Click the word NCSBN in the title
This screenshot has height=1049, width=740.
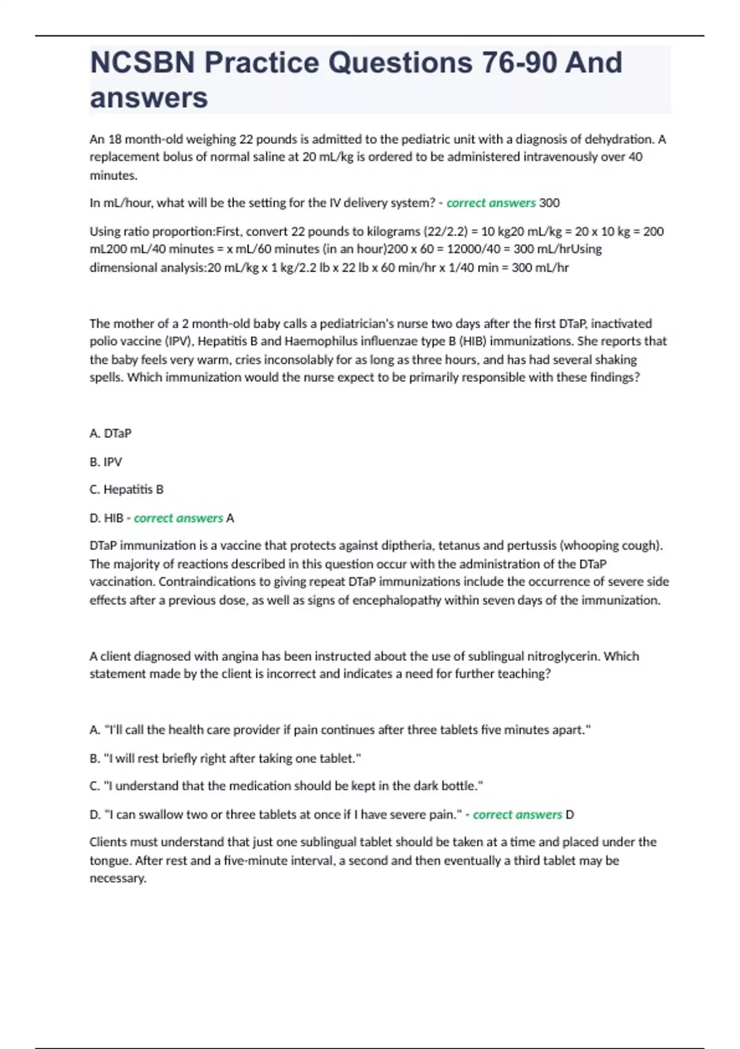[142, 63]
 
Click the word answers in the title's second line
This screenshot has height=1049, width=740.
[149, 98]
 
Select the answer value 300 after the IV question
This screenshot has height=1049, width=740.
[549, 203]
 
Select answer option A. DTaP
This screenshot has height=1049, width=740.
[110, 434]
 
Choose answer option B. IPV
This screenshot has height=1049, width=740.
[106, 462]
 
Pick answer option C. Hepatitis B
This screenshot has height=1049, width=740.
[126, 489]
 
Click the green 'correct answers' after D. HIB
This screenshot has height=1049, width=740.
[178, 518]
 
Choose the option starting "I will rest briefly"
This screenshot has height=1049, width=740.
[225, 758]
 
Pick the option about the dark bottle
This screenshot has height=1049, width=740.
[286, 786]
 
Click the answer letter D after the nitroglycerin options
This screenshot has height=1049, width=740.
[570, 815]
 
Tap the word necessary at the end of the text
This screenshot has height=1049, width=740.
[118, 878]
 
